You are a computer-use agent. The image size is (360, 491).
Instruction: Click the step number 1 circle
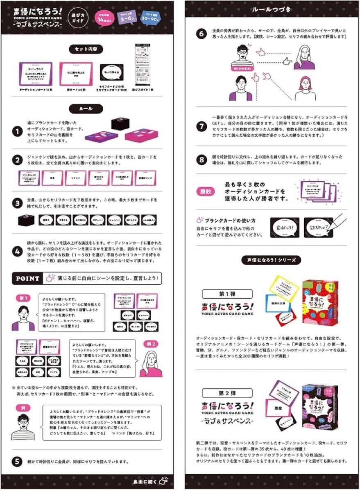[x=17, y=132]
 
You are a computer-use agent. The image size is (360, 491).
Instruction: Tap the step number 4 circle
[x=17, y=251]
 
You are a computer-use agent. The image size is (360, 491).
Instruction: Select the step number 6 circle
[x=202, y=34]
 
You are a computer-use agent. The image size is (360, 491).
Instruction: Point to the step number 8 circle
[x=202, y=160]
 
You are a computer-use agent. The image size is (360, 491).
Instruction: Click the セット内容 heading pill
[x=86, y=49]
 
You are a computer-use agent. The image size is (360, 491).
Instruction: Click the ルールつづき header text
[x=272, y=9]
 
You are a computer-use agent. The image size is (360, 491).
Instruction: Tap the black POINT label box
[x=28, y=279]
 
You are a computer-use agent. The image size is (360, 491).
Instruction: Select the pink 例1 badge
[x=23, y=298]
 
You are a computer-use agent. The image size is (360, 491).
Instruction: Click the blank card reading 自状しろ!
[x=284, y=225]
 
